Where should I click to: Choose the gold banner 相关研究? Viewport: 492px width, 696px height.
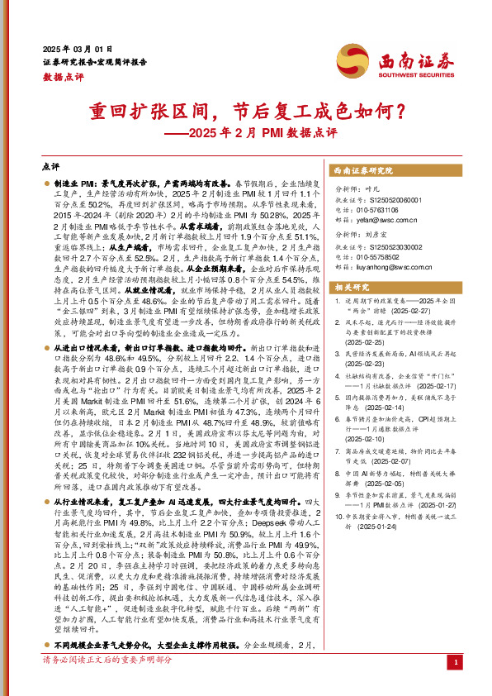pyautogui.click(x=350, y=286)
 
